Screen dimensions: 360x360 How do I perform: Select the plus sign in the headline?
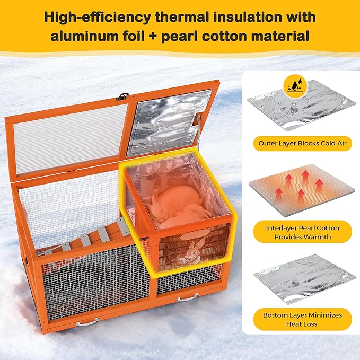(x=153, y=37)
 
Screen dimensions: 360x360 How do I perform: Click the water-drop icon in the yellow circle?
(x=293, y=84)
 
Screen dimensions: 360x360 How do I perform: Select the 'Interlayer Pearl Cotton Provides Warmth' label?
(x=302, y=232)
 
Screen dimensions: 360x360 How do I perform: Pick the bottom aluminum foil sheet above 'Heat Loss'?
(x=301, y=278)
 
